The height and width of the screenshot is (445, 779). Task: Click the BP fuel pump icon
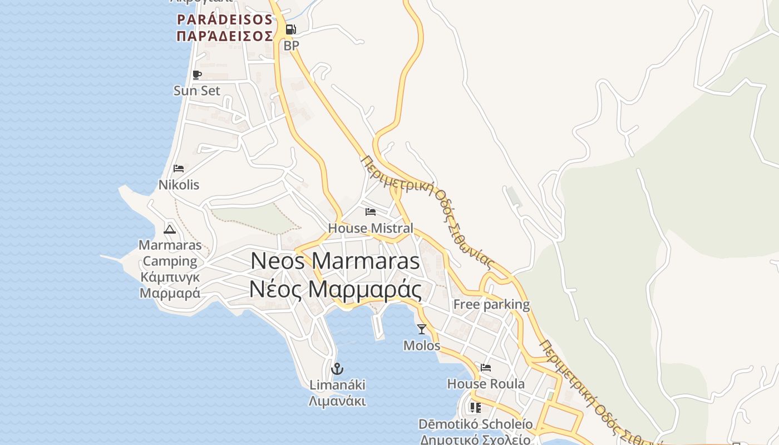[290, 29]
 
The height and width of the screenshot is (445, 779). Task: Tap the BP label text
[291, 46]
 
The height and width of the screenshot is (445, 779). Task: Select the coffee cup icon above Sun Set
[196, 75]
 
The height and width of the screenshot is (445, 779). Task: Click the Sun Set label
[197, 91]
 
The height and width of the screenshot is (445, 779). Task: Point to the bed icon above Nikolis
[179, 168]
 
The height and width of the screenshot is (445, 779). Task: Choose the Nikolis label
[179, 185]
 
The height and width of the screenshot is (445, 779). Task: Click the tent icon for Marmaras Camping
[170, 229]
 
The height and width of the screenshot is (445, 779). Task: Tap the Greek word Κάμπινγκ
[170, 277]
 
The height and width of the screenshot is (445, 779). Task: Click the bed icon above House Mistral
[371, 212]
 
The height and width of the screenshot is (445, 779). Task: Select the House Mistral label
[371, 228]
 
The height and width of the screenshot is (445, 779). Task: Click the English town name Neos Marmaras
[336, 261]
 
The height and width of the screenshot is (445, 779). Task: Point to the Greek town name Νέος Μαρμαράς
[335, 289]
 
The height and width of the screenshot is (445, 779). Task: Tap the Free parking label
[491, 304]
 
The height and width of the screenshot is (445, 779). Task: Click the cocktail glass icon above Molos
[422, 329]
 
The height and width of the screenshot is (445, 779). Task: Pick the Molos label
[422, 345]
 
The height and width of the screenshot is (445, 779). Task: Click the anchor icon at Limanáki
[337, 368]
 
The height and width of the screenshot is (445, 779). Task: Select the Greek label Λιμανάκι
[337, 401]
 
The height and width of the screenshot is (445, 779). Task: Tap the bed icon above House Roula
[486, 368]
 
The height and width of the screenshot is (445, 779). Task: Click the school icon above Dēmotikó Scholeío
[476, 408]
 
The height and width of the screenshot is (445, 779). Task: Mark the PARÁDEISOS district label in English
[225, 20]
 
